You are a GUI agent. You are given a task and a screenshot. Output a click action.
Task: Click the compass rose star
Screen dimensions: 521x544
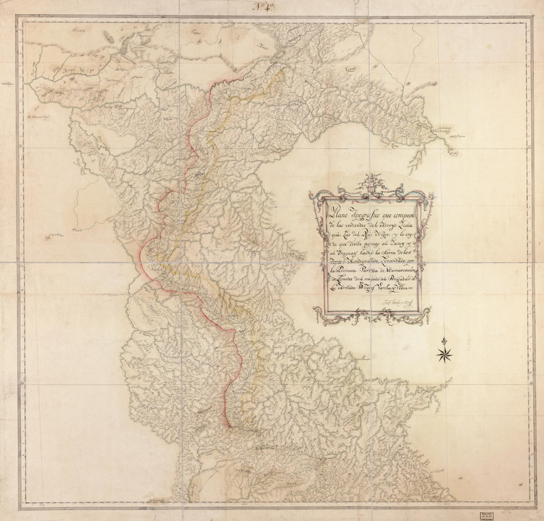click(445, 353)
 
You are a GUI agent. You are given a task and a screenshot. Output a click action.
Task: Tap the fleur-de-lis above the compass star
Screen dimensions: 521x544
click(445, 341)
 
